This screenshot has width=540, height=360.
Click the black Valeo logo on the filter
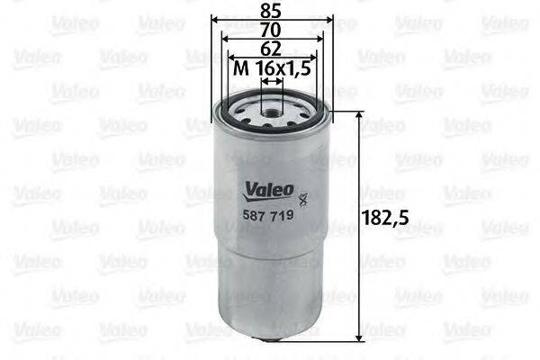tap(266, 190)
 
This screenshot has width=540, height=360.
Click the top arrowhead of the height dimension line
tap(360, 118)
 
